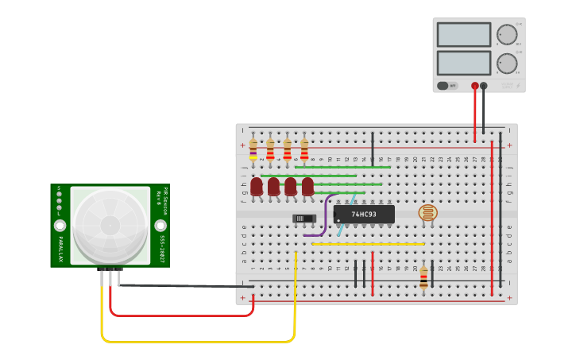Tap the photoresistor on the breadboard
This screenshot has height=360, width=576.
[x=427, y=213]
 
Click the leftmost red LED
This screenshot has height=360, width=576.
[x=256, y=187]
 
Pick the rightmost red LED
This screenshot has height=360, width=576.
[x=307, y=187]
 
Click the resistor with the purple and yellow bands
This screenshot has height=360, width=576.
[x=253, y=149]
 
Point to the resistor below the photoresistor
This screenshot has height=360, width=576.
[x=423, y=276]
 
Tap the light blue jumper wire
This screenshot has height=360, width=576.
[x=344, y=219]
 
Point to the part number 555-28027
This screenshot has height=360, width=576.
[x=161, y=249]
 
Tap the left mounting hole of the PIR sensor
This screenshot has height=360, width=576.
[x=60, y=226]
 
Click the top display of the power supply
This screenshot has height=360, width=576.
[x=463, y=35]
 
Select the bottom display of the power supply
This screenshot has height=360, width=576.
[x=463, y=63]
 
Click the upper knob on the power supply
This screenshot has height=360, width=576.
[x=506, y=34]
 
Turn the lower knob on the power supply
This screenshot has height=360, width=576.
[x=506, y=63]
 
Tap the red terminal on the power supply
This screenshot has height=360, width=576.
[x=475, y=86]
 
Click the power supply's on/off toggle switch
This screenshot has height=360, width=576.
[x=448, y=86]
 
